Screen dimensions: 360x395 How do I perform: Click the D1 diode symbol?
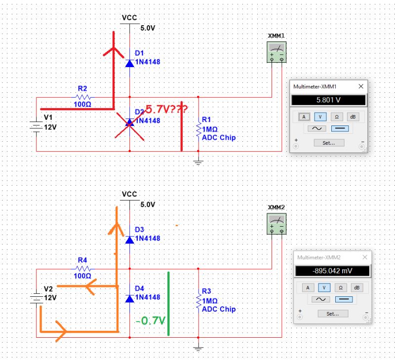click(x=129, y=63)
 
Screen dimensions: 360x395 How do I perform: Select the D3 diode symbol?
click(x=129, y=240)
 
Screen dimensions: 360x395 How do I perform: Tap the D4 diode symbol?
click(x=129, y=298)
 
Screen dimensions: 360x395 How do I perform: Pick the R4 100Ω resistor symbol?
click(x=82, y=269)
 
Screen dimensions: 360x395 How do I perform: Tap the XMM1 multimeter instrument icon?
click(x=276, y=52)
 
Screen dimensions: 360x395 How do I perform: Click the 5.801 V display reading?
click(x=328, y=100)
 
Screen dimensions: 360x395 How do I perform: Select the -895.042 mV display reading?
click(x=332, y=271)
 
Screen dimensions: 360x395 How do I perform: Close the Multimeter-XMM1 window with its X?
click(x=361, y=86)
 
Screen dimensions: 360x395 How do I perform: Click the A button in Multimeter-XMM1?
click(x=305, y=117)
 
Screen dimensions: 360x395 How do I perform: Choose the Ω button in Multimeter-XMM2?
click(x=340, y=287)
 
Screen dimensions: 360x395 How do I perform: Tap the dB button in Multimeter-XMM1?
click(x=352, y=117)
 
